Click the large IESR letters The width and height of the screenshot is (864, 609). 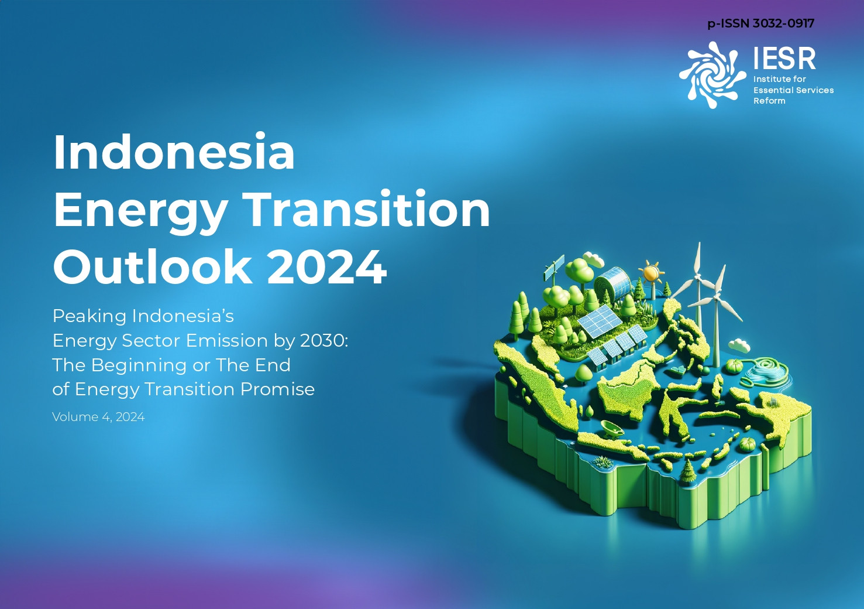pos(784,59)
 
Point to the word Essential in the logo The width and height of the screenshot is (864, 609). pos(772,90)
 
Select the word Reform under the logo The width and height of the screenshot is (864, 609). pos(769,101)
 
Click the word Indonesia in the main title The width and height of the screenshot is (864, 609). pos(174,152)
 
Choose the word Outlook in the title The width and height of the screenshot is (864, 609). pos(152,266)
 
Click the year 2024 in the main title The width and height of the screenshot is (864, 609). pos(327,267)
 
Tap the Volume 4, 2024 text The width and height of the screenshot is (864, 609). pos(98,417)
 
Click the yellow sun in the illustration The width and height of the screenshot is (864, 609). pos(651,273)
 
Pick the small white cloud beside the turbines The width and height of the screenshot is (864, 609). pos(739,345)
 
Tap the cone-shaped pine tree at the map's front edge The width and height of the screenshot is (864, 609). pos(687,471)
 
